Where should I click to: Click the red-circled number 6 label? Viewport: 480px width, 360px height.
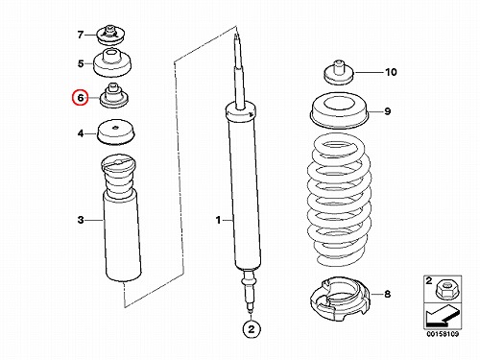tap(80, 98)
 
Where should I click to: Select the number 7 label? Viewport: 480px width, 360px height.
tap(81, 35)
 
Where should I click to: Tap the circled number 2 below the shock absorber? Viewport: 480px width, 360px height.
tap(252, 329)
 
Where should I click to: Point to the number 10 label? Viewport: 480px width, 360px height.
tap(391, 72)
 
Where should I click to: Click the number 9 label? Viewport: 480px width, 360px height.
tap(388, 111)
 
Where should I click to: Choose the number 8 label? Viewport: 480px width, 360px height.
tap(387, 294)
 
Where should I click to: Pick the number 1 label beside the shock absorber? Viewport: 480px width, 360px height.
tap(218, 220)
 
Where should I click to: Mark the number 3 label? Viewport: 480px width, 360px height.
tap(81, 220)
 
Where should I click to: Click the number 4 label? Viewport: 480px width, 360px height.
tap(81, 133)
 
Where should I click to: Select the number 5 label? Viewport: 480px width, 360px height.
tap(81, 63)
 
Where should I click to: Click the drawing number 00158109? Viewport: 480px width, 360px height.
tap(443, 334)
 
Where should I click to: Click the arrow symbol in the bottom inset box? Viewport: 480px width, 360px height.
tap(443, 315)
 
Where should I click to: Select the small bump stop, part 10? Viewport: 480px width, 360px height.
tap(339, 73)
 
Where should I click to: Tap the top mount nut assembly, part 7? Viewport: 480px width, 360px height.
tap(111, 35)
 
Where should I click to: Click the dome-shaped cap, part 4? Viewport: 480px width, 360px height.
tap(116, 132)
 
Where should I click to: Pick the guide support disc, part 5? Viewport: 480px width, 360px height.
tap(112, 63)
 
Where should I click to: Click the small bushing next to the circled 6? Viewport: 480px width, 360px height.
tap(114, 96)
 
